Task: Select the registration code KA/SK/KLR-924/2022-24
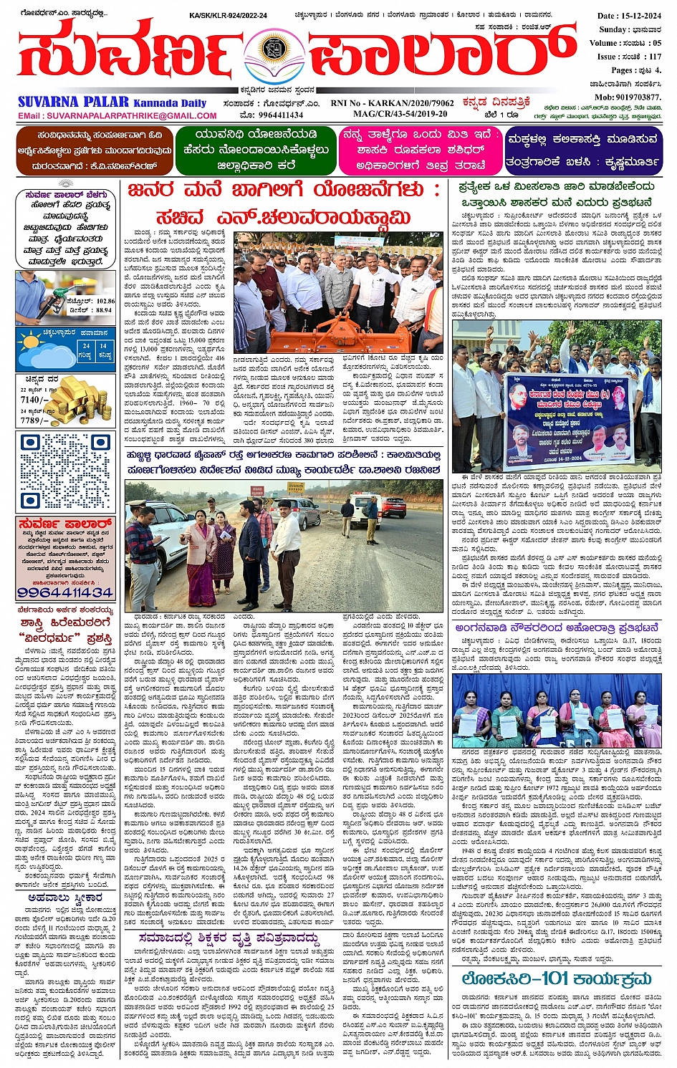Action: point(228,15)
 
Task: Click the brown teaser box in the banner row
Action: point(94,150)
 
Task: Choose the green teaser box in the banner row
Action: point(256,150)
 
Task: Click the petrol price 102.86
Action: point(105,302)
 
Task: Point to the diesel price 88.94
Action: point(104,310)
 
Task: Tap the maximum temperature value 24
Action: point(86,345)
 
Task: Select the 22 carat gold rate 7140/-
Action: point(34,400)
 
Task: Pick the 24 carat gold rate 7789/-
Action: point(34,420)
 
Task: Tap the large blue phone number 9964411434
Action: point(65,593)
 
